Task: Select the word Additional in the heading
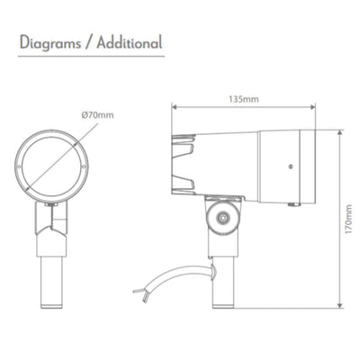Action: click(129, 42)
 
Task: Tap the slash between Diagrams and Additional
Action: click(90, 42)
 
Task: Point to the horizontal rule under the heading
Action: click(90, 58)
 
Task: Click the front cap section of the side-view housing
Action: click(286, 162)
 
